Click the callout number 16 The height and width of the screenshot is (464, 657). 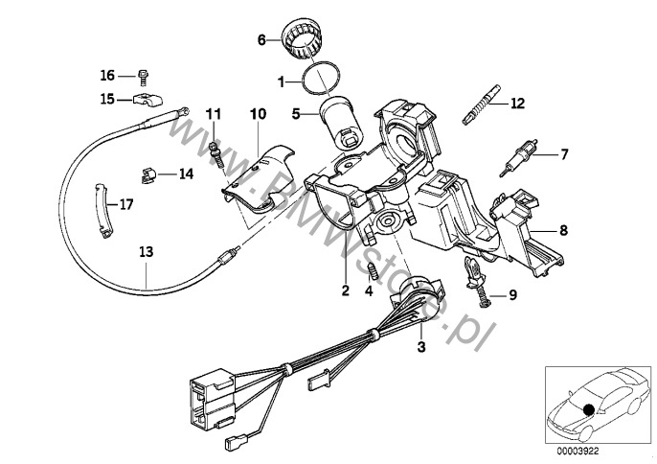106,74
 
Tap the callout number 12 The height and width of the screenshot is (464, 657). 517,102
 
